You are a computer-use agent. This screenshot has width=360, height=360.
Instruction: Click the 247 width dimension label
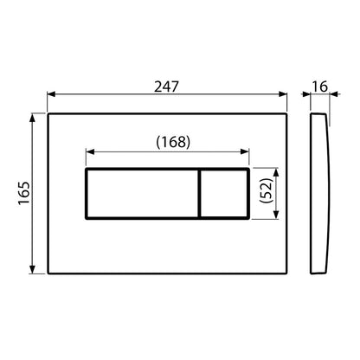pyautogui.click(x=166, y=86)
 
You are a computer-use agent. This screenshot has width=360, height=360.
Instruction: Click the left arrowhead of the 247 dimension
pyautogui.click(x=50, y=97)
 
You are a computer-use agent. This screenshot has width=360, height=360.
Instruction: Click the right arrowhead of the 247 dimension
pyautogui.click(x=286, y=97)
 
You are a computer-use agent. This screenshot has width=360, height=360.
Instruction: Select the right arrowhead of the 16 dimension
pyautogui.click(x=329, y=97)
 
